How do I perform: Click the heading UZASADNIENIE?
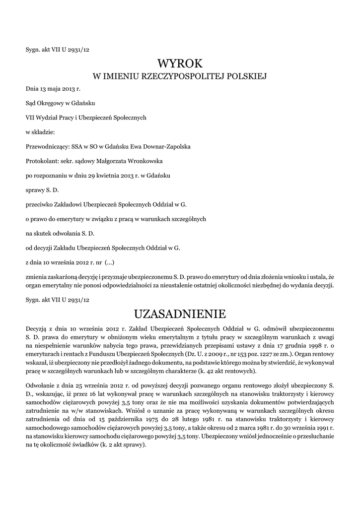click(x=180, y=314)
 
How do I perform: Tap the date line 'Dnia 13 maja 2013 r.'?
click(x=53, y=89)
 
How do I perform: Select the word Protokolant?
click(x=42, y=161)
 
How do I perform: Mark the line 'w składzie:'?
click(x=40, y=132)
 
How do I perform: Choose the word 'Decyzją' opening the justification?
click(x=37, y=329)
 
